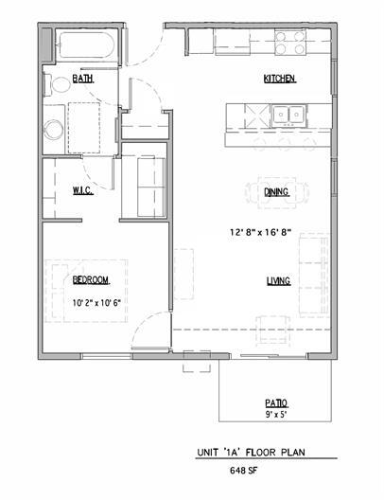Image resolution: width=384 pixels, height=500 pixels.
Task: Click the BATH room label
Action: (x=82, y=80)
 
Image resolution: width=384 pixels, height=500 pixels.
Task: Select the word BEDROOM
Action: (x=91, y=280)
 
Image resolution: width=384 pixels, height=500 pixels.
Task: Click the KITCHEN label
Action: (x=280, y=80)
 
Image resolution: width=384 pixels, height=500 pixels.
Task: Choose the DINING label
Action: (x=276, y=192)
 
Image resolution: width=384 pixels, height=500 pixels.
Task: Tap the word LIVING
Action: (x=277, y=280)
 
